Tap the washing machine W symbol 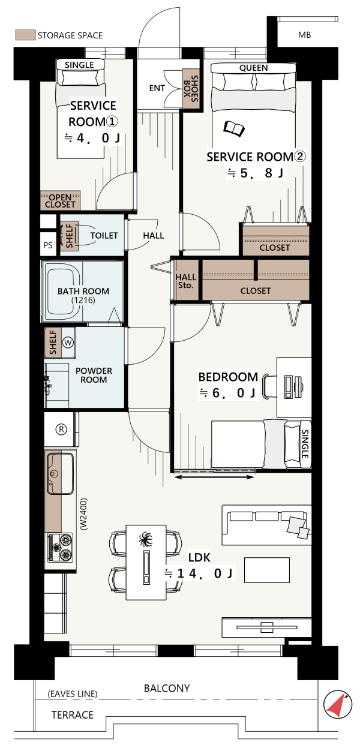point(68,343)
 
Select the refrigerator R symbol point(61,429)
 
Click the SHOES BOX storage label point(191,89)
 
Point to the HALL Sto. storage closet point(186,280)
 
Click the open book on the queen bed point(234,128)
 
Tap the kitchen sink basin point(60,473)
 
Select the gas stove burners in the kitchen point(61,547)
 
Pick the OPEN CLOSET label point(60,201)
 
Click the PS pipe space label point(48,245)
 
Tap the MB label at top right point(305,35)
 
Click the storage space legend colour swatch point(25,35)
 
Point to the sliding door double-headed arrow point(214,477)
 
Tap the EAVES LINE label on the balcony point(73,694)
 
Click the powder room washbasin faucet point(47,384)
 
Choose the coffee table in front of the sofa point(267,570)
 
